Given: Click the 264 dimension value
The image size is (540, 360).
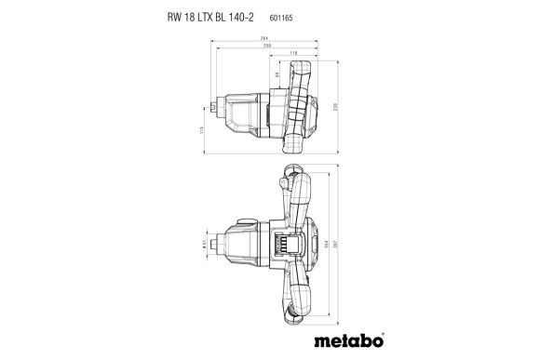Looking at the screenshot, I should (263, 38).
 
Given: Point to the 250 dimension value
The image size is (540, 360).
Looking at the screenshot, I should (266, 46).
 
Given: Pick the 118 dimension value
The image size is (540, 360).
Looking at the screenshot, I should (296, 55).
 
